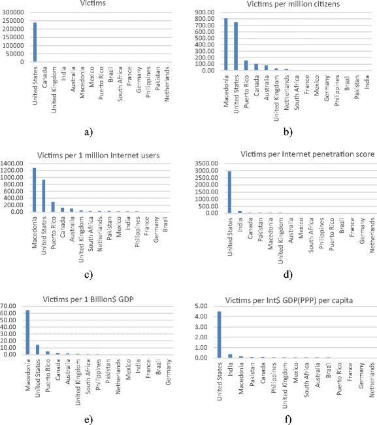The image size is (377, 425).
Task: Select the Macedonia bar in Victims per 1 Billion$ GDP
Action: [27, 332]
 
